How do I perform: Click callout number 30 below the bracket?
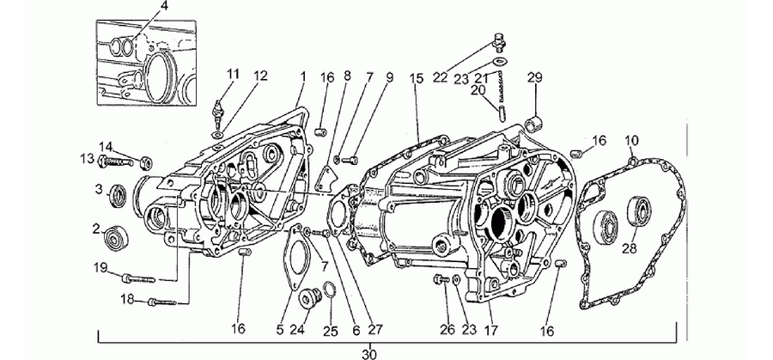pyautogui.click(x=369, y=354)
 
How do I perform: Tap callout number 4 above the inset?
pyautogui.click(x=165, y=6)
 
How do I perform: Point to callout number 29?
pyautogui.click(x=535, y=77)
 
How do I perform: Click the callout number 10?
pyautogui.click(x=632, y=141)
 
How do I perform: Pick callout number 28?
pyautogui.click(x=629, y=248)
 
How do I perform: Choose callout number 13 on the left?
pyautogui.click(x=87, y=159)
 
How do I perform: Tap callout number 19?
pyautogui.click(x=100, y=268)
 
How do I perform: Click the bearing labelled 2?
pyautogui.click(x=116, y=240)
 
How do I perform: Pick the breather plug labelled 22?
pyautogui.click(x=500, y=43)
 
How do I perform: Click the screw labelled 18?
pyautogui.click(x=161, y=302)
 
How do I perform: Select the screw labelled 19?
pyautogui.click(x=138, y=278)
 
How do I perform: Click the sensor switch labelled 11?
pyautogui.click(x=217, y=111)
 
